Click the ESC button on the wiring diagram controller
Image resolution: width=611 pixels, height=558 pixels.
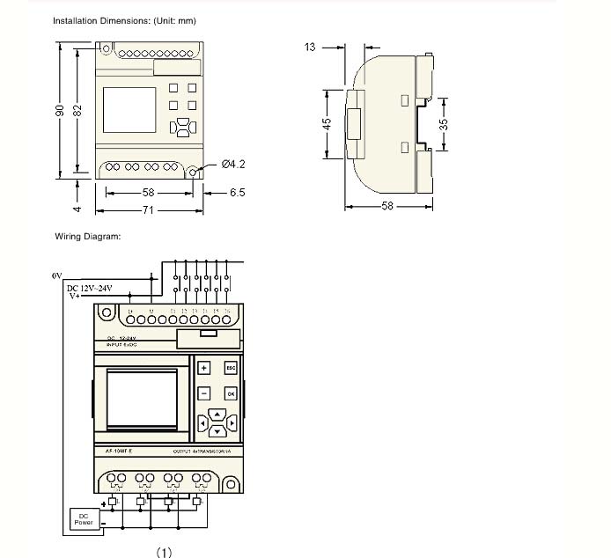pos(231,368)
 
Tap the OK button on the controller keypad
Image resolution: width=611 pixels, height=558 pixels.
pos(231,393)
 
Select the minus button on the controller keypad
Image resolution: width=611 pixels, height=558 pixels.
pos(203,393)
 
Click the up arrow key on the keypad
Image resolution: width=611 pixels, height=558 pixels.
pos(217,415)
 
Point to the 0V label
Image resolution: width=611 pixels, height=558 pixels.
pos(56,275)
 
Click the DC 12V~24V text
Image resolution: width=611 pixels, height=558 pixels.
pos(90,288)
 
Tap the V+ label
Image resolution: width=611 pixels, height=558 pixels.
pos(75,297)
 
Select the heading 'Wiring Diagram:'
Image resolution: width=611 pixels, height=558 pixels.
pos(87,236)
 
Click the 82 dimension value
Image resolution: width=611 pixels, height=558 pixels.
pos(78,109)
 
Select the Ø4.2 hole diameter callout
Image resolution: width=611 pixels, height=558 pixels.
pos(233,164)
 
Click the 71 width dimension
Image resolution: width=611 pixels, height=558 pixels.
pos(150,211)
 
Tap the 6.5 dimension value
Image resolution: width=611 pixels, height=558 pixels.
pos(237,192)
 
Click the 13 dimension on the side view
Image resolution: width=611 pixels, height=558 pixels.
pos(310,47)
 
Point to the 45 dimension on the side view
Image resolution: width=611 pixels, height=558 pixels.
pos(326,124)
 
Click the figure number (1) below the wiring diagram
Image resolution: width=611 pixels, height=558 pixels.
pos(164,552)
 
